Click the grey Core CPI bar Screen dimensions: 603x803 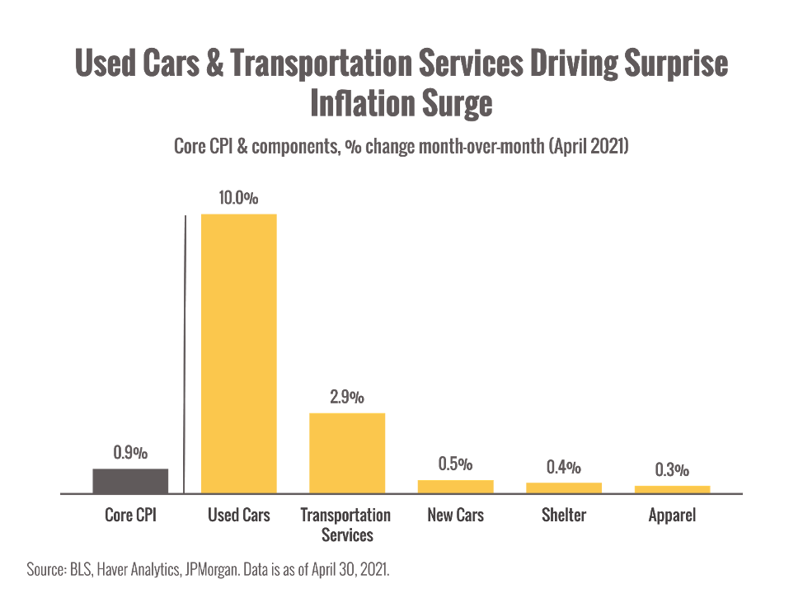130,480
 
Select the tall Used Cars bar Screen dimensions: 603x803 238,353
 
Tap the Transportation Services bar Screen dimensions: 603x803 347,452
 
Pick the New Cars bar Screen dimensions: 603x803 455,486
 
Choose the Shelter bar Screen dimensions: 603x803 564,488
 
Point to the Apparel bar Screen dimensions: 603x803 672,488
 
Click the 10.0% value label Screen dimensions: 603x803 238,199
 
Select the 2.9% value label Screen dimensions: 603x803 347,397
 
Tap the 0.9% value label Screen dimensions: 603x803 130,453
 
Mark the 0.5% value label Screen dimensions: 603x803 455,464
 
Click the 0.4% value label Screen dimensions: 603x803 564,467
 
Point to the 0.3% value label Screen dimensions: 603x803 672,470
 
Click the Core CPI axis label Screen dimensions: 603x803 130,516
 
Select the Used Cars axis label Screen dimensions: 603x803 238,516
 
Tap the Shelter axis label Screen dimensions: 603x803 564,516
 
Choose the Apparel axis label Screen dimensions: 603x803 672,516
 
